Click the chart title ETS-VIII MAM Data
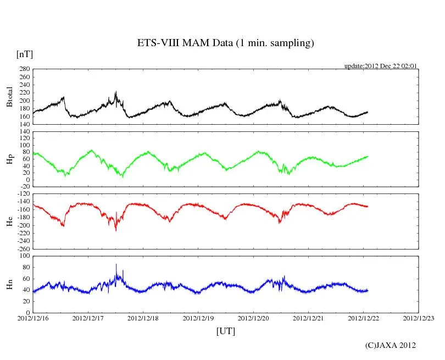click(225, 43)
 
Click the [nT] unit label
click(25, 54)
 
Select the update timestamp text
click(381, 66)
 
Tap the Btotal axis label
click(9, 97)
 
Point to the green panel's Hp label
click(9, 159)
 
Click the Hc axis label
click(9, 221)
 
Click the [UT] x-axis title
click(226, 331)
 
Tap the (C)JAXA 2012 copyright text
click(391, 345)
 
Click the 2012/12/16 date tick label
click(33, 318)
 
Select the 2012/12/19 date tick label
click(198, 318)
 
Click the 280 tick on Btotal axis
click(25, 70)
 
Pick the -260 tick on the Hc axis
click(24, 248)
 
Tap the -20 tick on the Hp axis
click(25, 186)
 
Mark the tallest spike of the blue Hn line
click(116, 265)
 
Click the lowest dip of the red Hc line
click(116, 230)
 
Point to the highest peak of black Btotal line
click(116, 92)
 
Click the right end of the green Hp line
click(368, 157)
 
